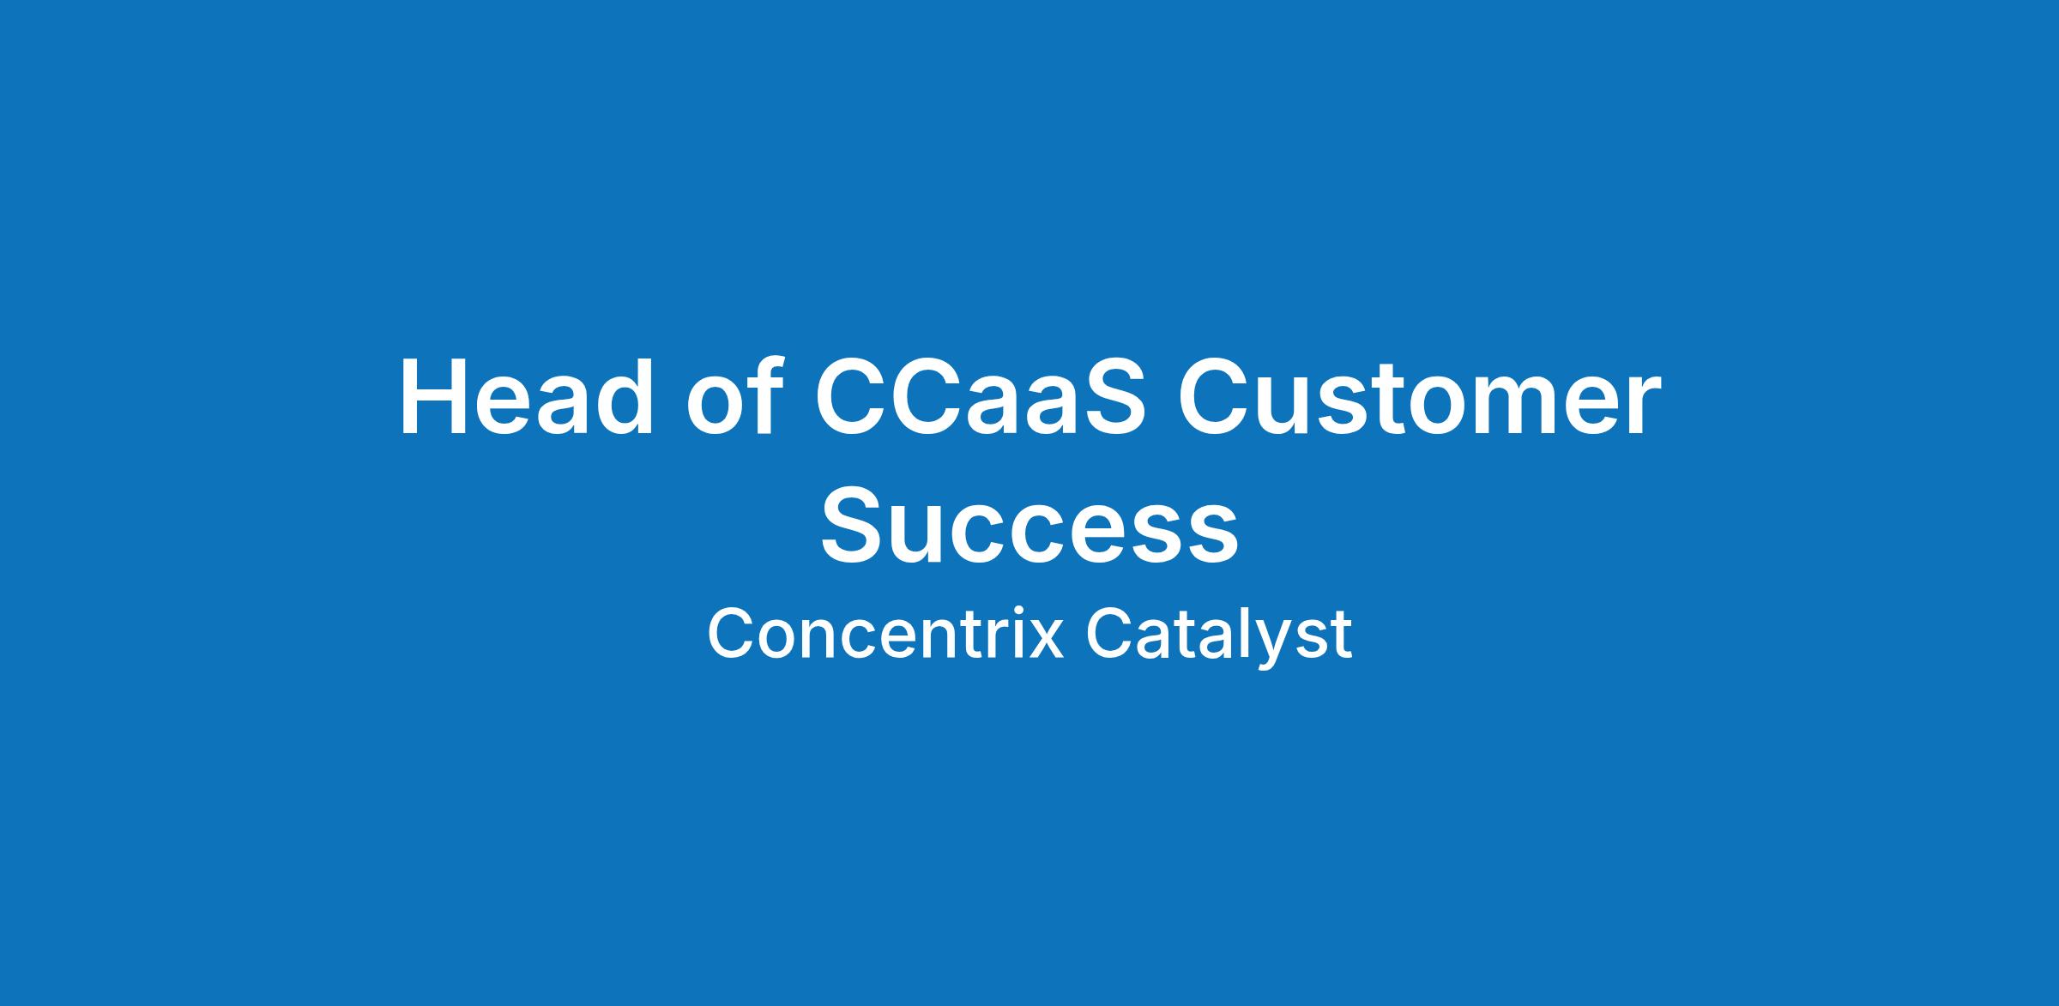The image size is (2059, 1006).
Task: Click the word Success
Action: [1029, 524]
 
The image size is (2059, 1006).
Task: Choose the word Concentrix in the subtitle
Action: [885, 635]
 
